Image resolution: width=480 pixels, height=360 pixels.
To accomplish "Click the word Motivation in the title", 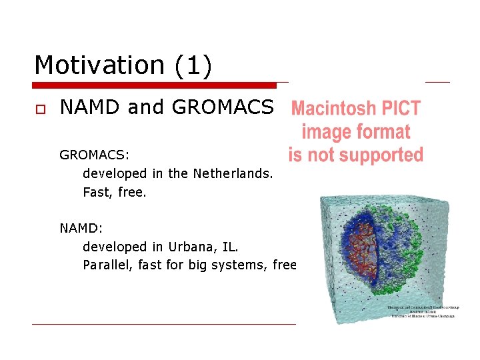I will click(97, 65).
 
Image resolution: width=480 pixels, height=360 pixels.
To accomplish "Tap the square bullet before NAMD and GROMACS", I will click(39, 109).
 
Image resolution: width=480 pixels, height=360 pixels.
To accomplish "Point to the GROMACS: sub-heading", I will click(94, 155).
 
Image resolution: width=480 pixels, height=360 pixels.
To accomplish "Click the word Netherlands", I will click(233, 173).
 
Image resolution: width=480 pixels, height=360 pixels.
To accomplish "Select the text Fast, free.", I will click(114, 192).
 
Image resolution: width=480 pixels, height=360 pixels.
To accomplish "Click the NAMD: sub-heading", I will click(81, 228).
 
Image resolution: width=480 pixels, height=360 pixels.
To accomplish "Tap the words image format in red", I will click(355, 131).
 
